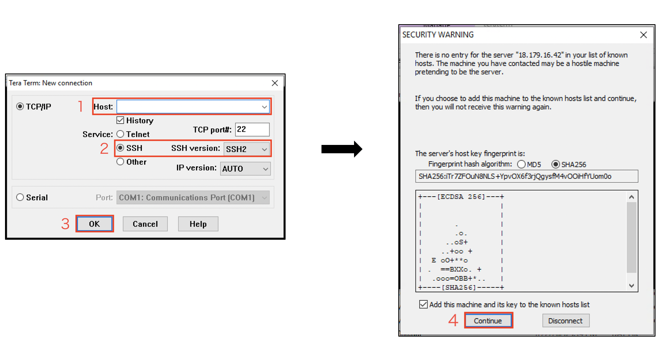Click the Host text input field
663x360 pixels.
coord(193,106)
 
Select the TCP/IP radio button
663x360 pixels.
coord(20,106)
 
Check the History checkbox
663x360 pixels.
coord(120,120)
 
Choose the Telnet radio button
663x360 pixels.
coord(120,134)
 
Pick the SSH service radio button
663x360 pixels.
coord(120,148)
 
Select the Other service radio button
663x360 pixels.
coord(120,162)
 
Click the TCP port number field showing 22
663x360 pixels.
coord(252,129)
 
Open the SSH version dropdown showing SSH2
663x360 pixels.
coord(247,149)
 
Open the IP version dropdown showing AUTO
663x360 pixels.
coord(245,169)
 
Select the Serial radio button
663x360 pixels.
coord(20,197)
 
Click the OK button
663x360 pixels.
coord(95,224)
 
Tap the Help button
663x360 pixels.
coord(198,224)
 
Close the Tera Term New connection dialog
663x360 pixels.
coord(275,83)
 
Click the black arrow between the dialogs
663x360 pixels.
coord(342,149)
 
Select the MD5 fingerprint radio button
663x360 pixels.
coord(521,164)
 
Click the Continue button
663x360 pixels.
coord(488,321)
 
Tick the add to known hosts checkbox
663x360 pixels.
coord(423,304)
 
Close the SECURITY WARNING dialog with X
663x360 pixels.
coord(643,35)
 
